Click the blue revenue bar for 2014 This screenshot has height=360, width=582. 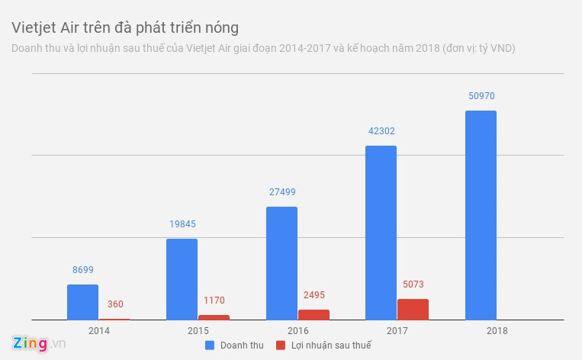tap(82, 302)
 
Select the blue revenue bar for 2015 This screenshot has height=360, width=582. tap(182, 279)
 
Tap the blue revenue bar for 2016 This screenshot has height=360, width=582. tap(281, 263)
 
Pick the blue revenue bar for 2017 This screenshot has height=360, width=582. tap(381, 233)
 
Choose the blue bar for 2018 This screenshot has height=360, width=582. tap(480, 215)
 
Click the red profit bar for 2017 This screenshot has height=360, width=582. tap(413, 309)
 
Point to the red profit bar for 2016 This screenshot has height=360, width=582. tap(314, 314)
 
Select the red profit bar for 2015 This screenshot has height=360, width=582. tap(214, 317)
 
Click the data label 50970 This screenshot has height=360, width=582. tap(481, 96)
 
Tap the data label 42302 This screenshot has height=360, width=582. tap(381, 131)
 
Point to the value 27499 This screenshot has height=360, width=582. tap(281, 192)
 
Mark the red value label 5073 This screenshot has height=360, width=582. tap(413, 284)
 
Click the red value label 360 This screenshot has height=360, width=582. tap(114, 304)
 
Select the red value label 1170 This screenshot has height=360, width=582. tap(214, 301)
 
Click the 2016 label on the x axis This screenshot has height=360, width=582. tap(297, 331)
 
